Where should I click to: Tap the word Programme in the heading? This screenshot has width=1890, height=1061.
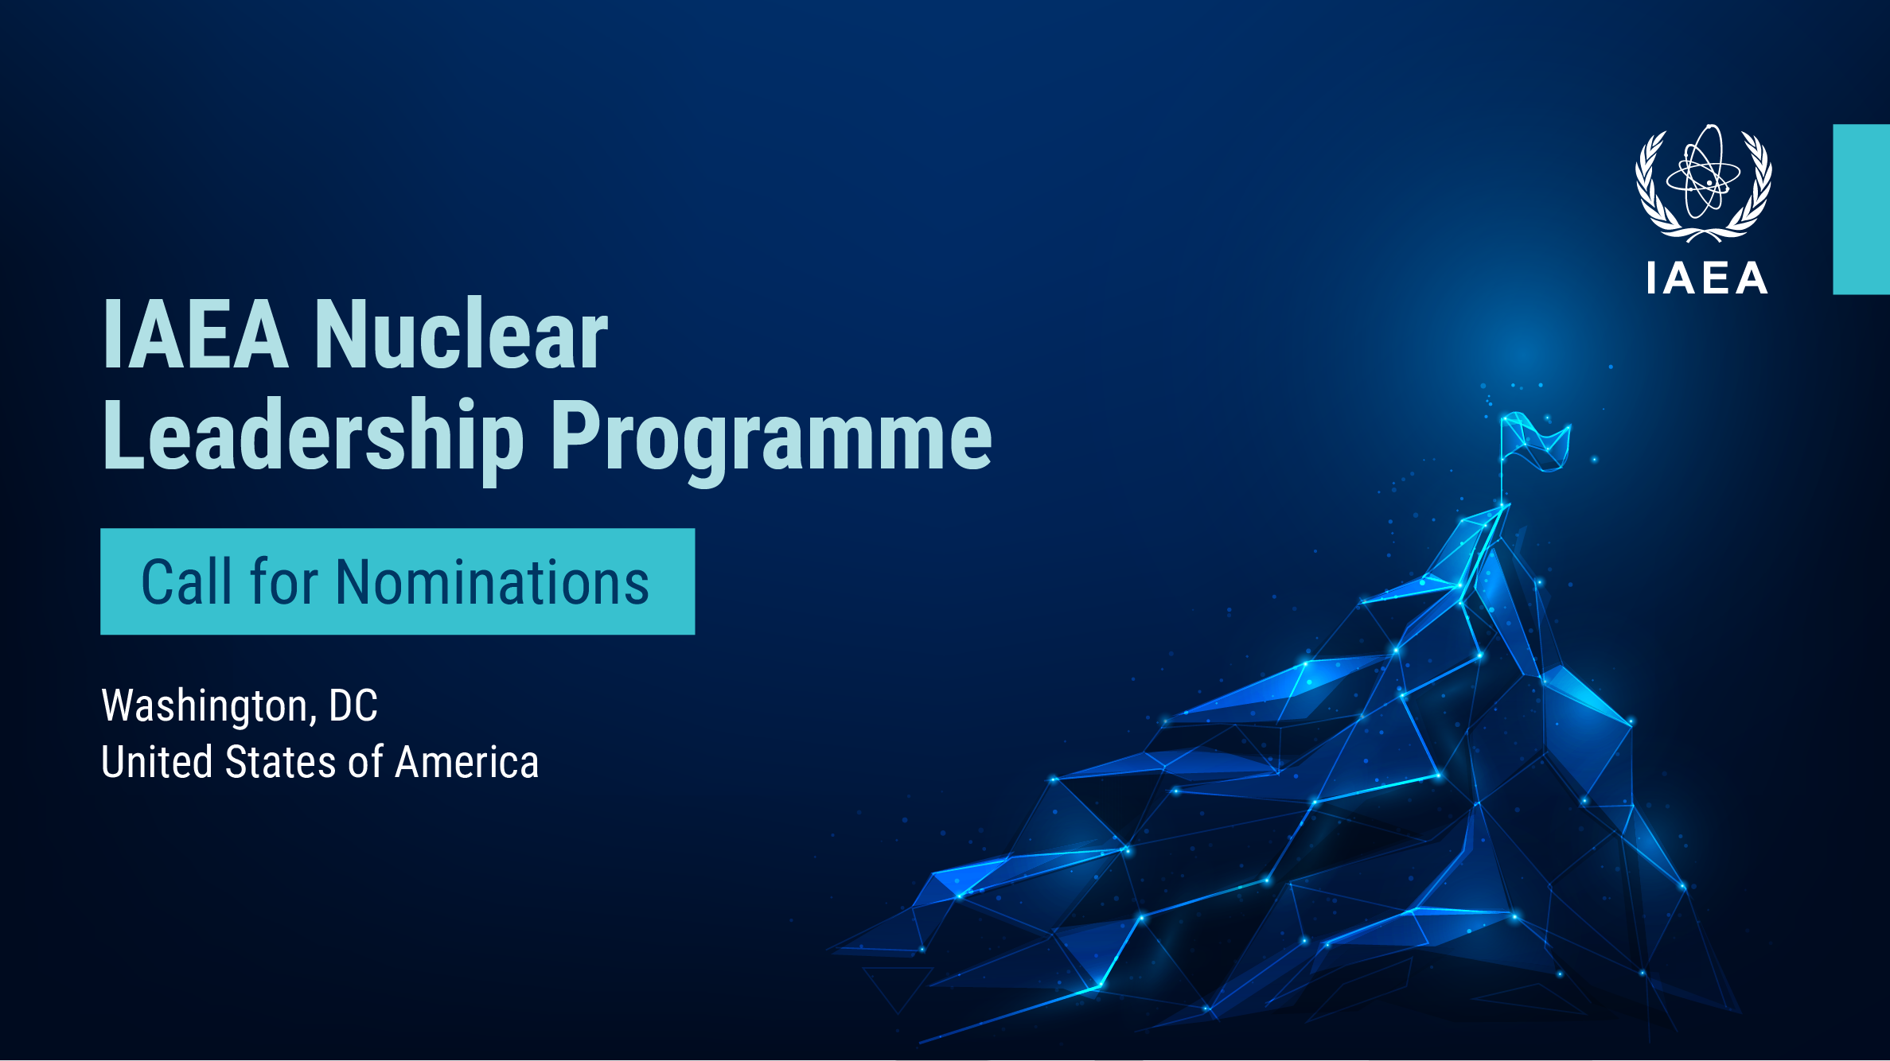click(x=771, y=439)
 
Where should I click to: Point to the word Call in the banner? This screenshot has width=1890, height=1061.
click(x=188, y=581)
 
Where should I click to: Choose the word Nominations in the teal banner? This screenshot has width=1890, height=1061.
click(x=493, y=581)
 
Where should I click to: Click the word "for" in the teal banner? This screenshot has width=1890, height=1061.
click(x=285, y=581)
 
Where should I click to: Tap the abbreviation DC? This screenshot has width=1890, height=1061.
click(x=353, y=705)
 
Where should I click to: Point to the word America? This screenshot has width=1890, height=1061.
click(x=467, y=762)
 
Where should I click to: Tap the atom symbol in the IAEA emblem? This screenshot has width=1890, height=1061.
click(x=1704, y=173)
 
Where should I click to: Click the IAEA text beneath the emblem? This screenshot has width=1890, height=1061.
click(x=1707, y=278)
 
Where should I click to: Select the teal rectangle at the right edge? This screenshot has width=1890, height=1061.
click(x=1861, y=209)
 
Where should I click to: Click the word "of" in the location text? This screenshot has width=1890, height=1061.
click(x=366, y=762)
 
